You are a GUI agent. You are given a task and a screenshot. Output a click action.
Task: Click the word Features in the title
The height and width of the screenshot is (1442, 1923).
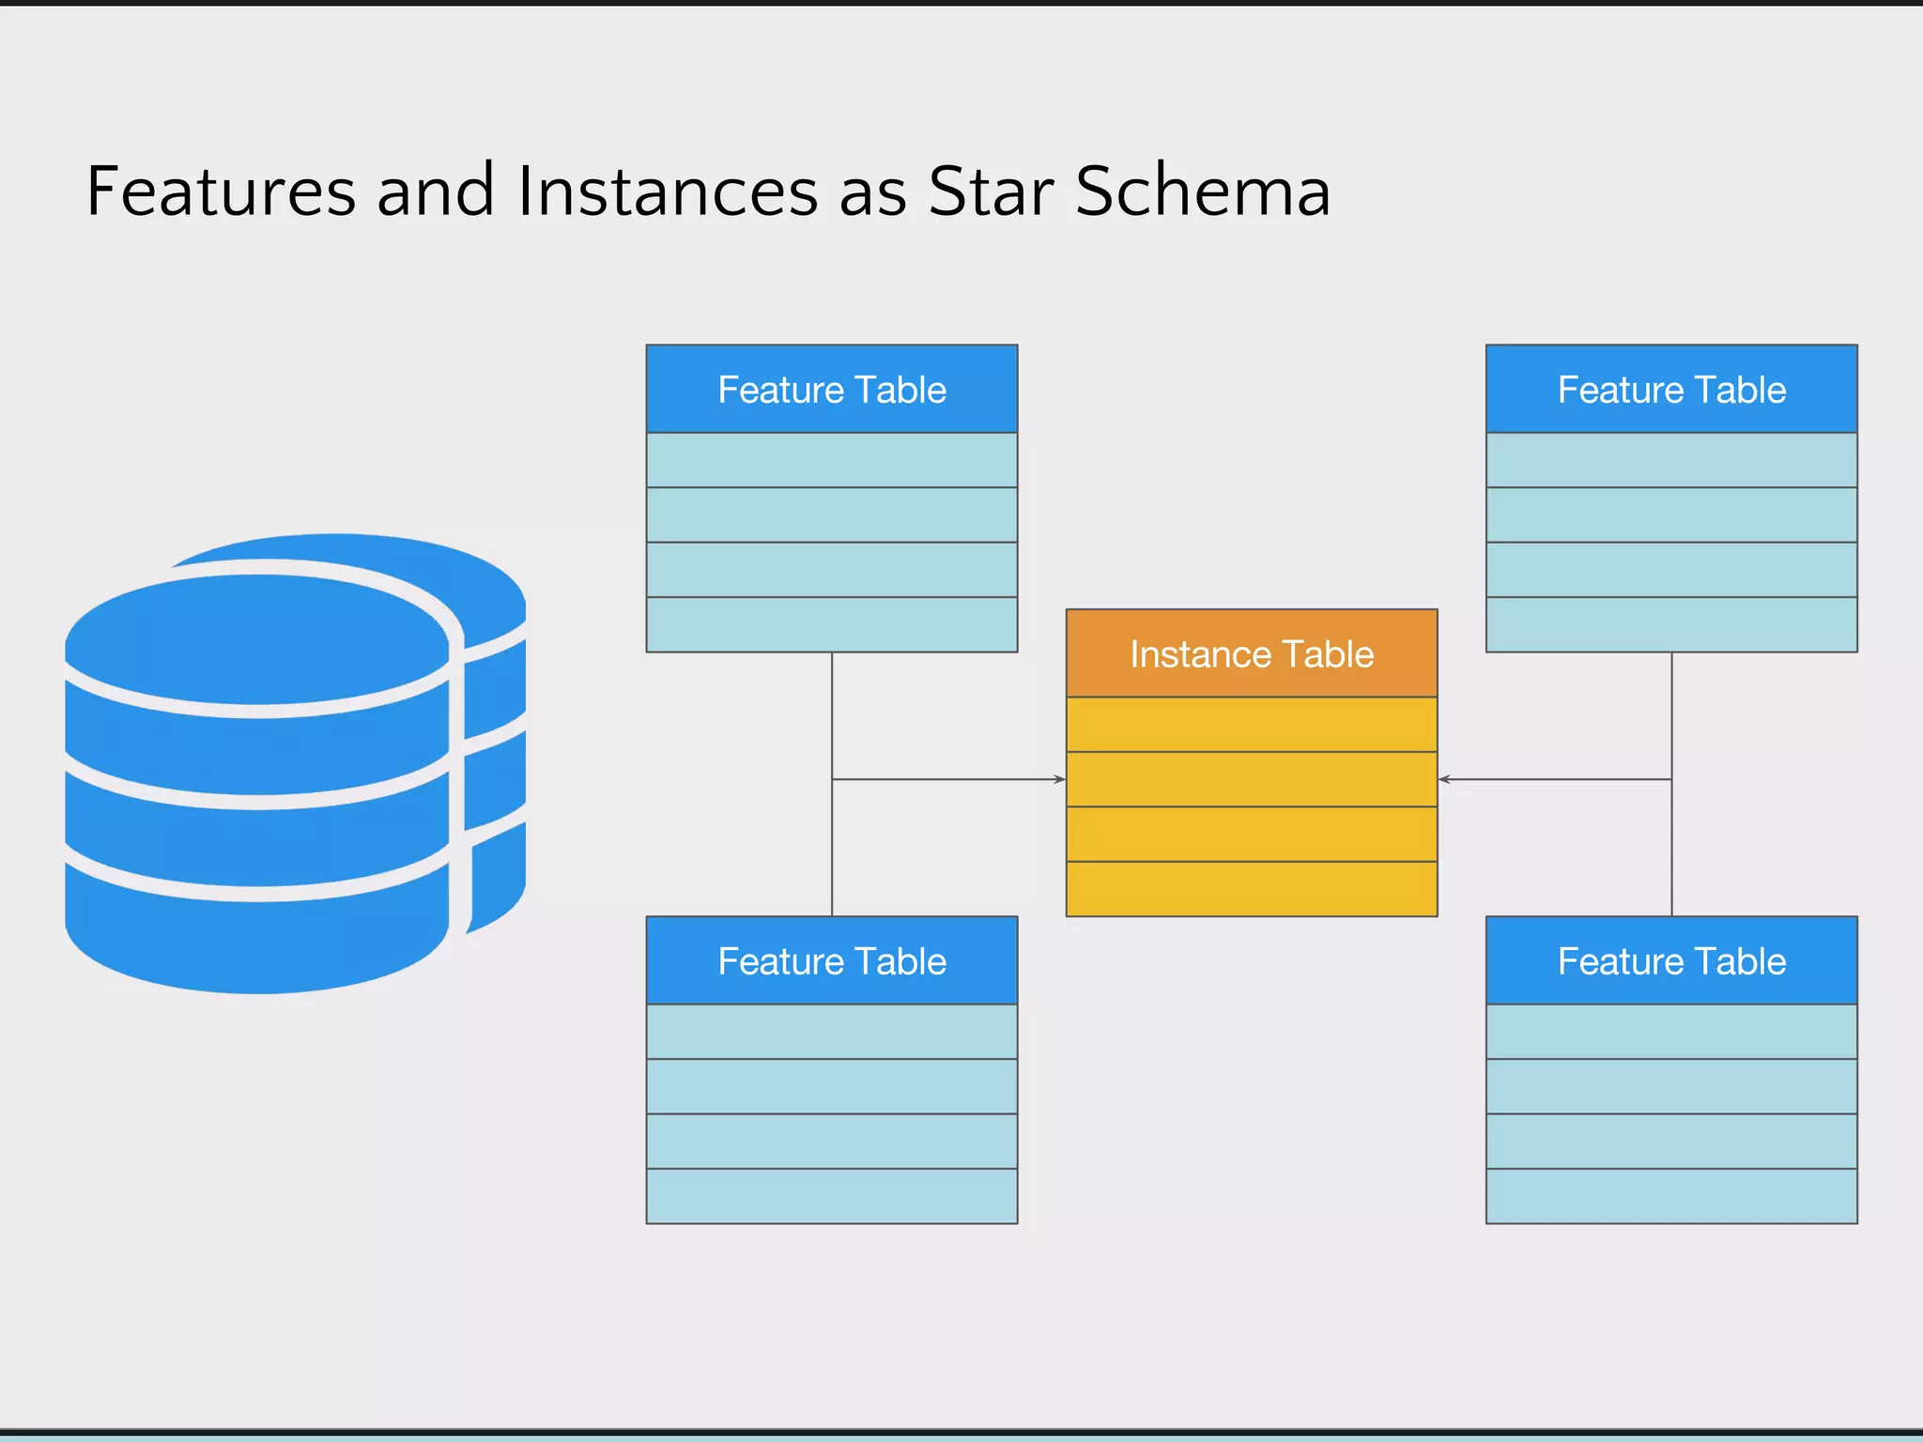(221, 192)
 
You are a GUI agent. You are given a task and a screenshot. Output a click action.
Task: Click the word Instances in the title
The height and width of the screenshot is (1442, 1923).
(668, 192)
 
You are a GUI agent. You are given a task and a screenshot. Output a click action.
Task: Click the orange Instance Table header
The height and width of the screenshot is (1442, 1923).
(1252, 653)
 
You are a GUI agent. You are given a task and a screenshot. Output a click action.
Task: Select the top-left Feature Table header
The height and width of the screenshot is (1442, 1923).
(832, 390)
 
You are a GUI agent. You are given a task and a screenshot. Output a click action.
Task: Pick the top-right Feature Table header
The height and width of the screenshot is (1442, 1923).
(1671, 390)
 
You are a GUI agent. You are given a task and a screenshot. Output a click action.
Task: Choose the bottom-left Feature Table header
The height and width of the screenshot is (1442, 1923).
(832, 961)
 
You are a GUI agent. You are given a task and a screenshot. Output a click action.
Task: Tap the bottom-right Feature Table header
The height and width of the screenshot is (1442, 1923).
(1671, 961)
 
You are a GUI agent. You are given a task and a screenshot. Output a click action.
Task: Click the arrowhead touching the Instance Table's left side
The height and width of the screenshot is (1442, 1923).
(1060, 779)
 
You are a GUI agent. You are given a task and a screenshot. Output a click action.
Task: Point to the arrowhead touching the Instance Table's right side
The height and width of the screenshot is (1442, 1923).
(1444, 779)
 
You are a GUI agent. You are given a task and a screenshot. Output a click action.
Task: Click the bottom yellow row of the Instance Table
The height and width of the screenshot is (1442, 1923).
(1252, 889)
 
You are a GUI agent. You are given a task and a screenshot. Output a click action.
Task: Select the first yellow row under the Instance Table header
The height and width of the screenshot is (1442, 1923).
(1252, 724)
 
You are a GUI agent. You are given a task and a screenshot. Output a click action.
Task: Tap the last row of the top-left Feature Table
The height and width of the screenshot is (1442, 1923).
(832, 624)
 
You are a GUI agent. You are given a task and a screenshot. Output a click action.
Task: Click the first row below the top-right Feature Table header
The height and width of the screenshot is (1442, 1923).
(1671, 460)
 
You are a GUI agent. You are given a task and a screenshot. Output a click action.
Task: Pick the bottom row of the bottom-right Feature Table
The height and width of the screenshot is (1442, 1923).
(1671, 1196)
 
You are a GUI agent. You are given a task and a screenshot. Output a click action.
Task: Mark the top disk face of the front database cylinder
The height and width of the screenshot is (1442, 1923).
(258, 638)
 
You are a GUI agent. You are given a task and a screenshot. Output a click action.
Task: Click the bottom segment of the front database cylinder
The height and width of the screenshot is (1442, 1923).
(258, 939)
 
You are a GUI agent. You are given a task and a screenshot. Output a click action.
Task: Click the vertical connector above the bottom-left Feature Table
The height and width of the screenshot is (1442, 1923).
(832, 850)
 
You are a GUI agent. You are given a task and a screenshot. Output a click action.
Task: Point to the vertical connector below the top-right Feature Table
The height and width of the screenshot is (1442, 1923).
(1671, 713)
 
